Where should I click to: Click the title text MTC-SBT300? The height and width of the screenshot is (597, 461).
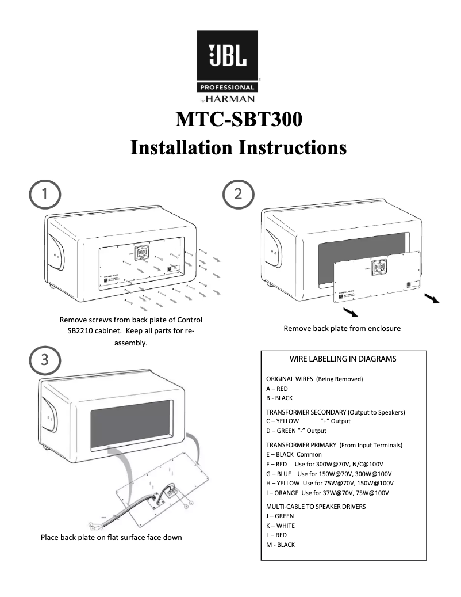point(239,119)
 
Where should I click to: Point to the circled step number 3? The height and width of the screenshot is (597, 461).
point(43,360)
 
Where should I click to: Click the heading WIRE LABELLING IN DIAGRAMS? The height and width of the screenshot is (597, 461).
point(343,359)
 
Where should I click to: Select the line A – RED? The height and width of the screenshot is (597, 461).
point(277,389)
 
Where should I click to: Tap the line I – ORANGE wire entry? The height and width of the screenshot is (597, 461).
point(328,493)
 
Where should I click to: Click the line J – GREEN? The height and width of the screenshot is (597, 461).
point(280,516)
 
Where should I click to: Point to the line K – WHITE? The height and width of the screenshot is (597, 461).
point(280,526)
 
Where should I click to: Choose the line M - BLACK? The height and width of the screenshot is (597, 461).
point(280,545)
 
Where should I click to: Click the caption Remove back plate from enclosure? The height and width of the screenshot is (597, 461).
point(342,328)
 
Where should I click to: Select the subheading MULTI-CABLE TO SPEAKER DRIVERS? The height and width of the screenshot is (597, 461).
point(316,507)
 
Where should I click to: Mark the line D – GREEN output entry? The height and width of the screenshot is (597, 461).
point(296,431)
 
